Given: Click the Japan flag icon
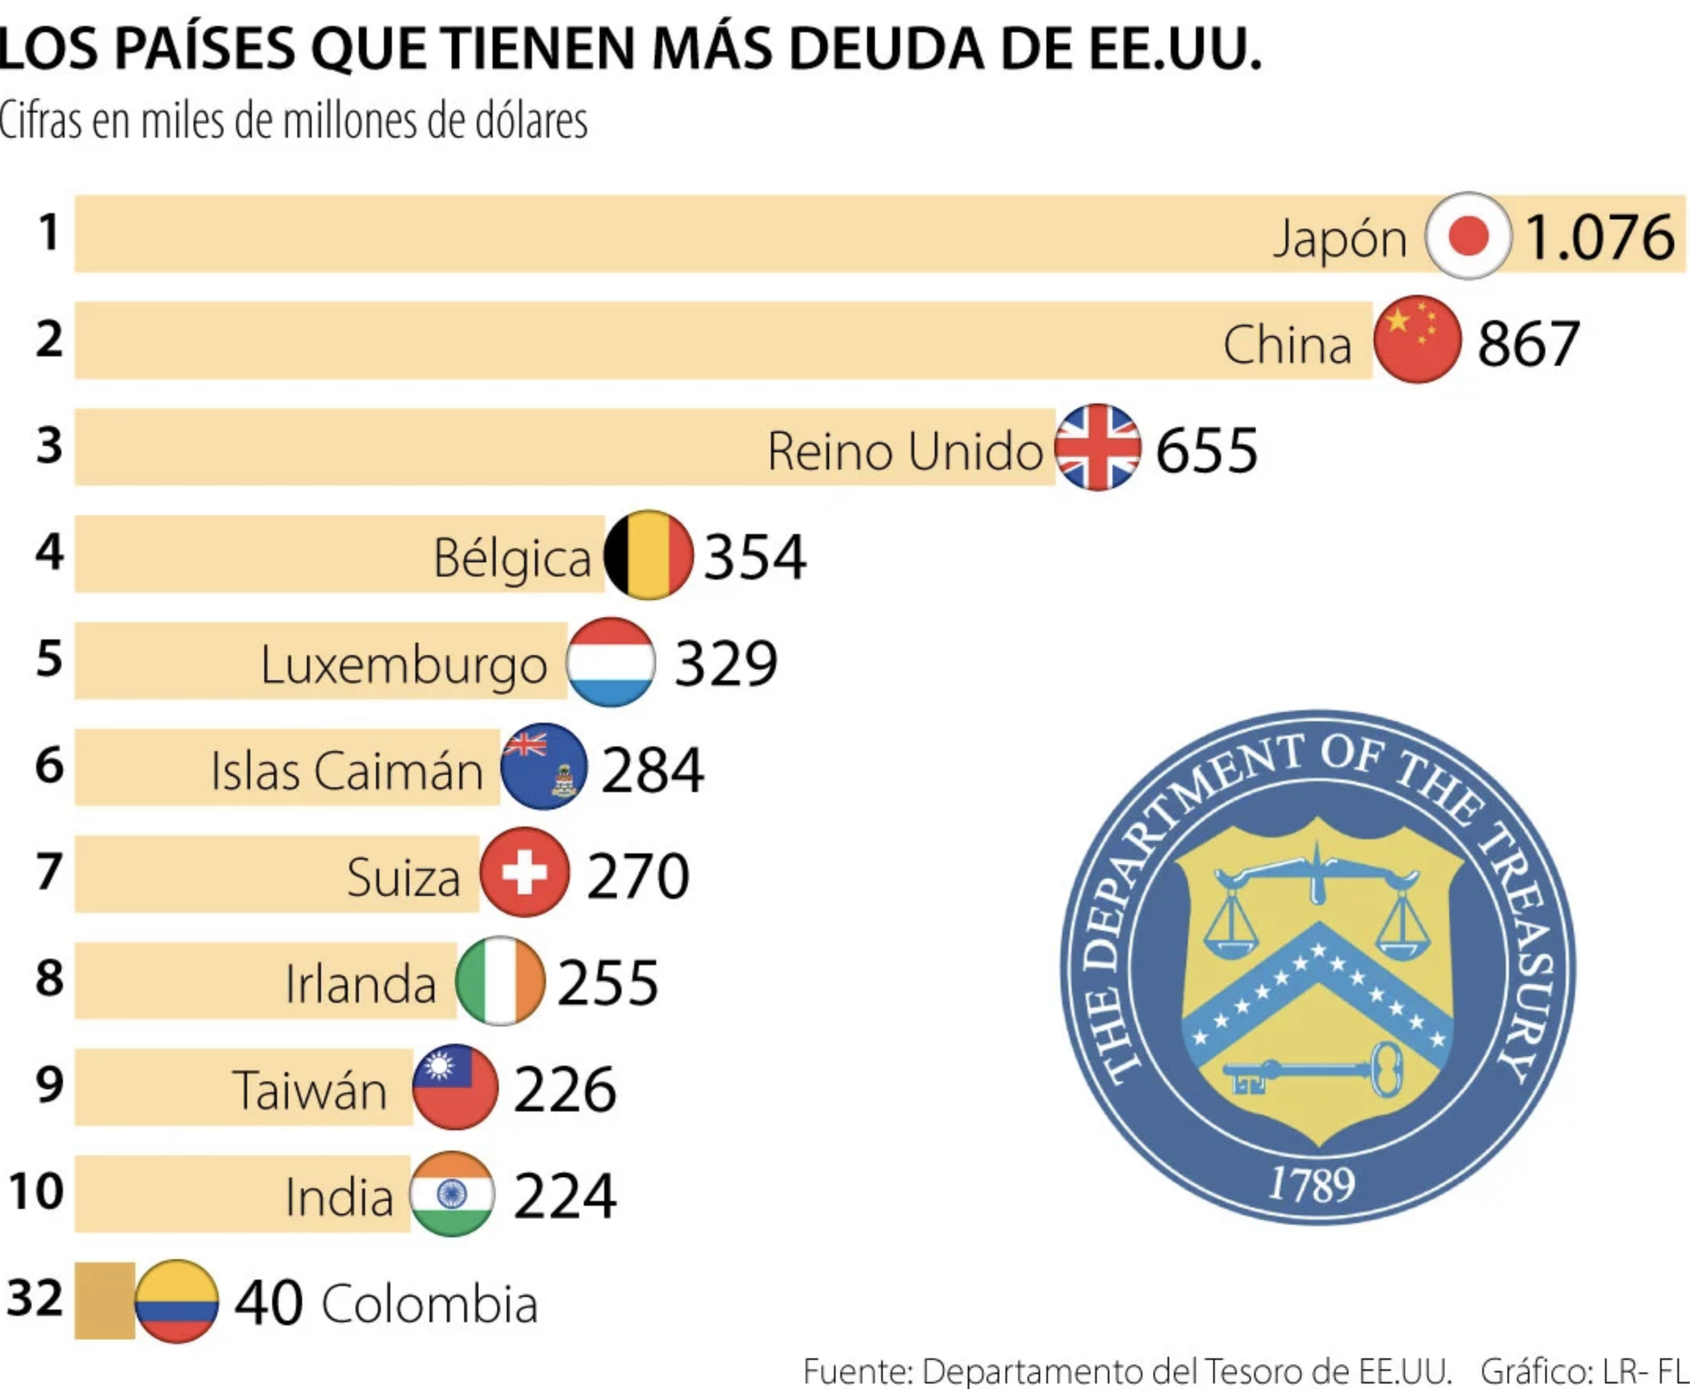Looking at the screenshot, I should (1467, 236).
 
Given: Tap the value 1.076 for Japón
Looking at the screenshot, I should (1599, 238).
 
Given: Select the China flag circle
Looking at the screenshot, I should (1417, 340).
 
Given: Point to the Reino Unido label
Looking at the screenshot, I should (904, 452).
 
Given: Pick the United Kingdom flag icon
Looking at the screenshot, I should (1098, 448).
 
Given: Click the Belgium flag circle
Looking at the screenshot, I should (648, 554).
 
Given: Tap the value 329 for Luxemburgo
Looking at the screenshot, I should (725, 663).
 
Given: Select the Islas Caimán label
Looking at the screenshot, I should (346, 772).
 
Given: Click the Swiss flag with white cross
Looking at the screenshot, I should (525, 872).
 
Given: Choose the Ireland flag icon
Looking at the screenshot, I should (500, 981).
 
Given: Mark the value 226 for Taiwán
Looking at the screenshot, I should (565, 1090).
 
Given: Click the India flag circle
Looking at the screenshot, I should (452, 1195).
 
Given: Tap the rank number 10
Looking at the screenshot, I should (36, 1192).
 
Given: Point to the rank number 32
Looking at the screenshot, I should (35, 1298).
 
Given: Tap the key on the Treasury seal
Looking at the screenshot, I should (1312, 1070).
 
